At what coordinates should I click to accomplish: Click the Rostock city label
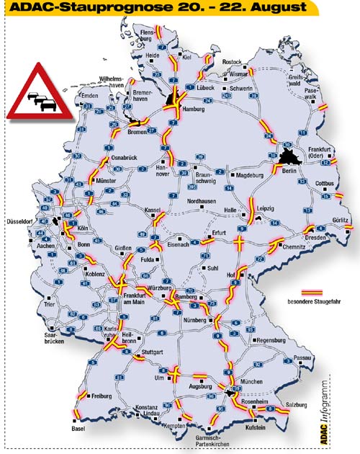click(233, 62)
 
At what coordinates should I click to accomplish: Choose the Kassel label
click(153, 210)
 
